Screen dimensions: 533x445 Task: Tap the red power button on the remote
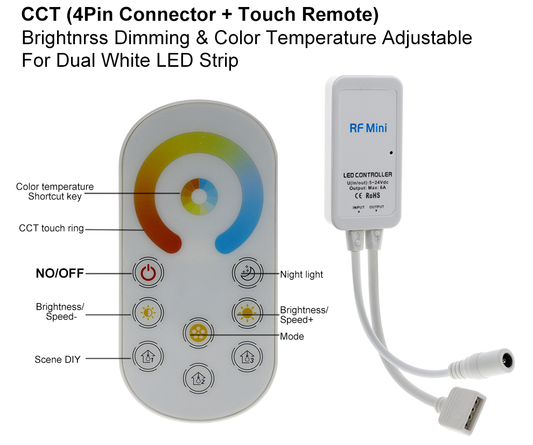click(x=148, y=273)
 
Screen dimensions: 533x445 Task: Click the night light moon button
click(x=248, y=273)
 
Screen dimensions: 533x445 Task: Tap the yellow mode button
click(x=198, y=333)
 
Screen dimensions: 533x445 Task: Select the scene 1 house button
click(x=148, y=357)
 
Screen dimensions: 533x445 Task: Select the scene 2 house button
click(x=199, y=378)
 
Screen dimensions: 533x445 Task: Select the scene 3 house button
click(x=248, y=357)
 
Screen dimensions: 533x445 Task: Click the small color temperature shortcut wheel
click(x=199, y=197)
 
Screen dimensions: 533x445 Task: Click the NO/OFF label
click(x=60, y=273)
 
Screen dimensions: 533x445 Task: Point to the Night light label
click(x=301, y=275)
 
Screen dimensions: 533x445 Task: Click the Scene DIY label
click(x=58, y=359)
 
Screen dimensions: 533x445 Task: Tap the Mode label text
click(x=292, y=337)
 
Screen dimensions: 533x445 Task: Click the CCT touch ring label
click(x=51, y=228)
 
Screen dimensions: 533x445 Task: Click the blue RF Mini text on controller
click(x=368, y=128)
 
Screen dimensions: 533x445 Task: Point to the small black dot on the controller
click(x=391, y=153)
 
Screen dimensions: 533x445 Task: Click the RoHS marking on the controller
click(x=373, y=196)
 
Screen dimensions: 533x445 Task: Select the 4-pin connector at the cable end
click(x=462, y=411)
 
